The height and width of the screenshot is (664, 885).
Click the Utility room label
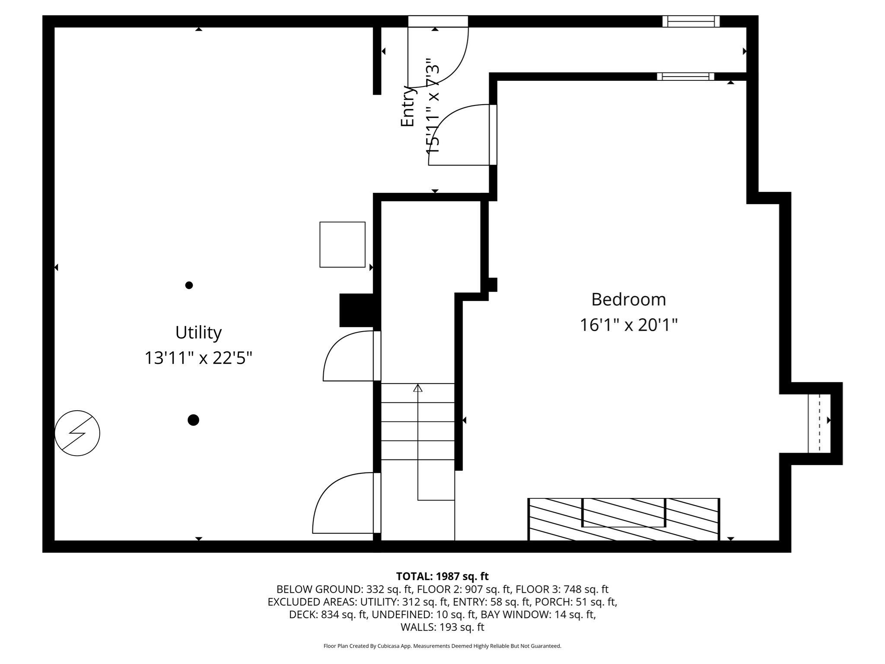pyautogui.click(x=198, y=332)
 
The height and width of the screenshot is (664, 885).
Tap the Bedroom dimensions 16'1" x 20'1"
pyautogui.click(x=628, y=325)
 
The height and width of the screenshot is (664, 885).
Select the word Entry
pyautogui.click(x=407, y=106)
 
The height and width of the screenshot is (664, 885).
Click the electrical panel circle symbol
pyautogui.click(x=77, y=433)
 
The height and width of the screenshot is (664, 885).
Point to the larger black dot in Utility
pyautogui.click(x=193, y=420)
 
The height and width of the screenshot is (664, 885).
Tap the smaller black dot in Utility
pyautogui.click(x=189, y=285)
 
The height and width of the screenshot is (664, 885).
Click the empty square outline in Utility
pyautogui.click(x=342, y=244)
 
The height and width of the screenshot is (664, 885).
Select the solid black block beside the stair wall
pyautogui.click(x=356, y=310)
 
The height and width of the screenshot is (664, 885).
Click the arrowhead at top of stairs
pyautogui.click(x=417, y=388)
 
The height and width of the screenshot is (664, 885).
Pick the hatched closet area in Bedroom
pyautogui.click(x=624, y=519)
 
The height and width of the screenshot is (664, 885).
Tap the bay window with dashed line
pyautogui.click(x=819, y=423)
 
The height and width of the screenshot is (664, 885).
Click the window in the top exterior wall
pyautogui.click(x=691, y=21)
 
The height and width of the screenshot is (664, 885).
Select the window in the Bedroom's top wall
pyautogui.click(x=685, y=77)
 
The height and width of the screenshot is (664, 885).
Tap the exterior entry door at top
pyautogui.click(x=438, y=52)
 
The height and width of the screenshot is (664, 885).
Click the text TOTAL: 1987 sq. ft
pyautogui.click(x=442, y=576)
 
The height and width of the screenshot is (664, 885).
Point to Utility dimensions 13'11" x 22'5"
pyautogui.click(x=198, y=358)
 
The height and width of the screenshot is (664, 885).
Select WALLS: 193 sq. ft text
pyautogui.click(x=442, y=627)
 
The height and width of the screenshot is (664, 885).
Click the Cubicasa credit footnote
pyautogui.click(x=442, y=646)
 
